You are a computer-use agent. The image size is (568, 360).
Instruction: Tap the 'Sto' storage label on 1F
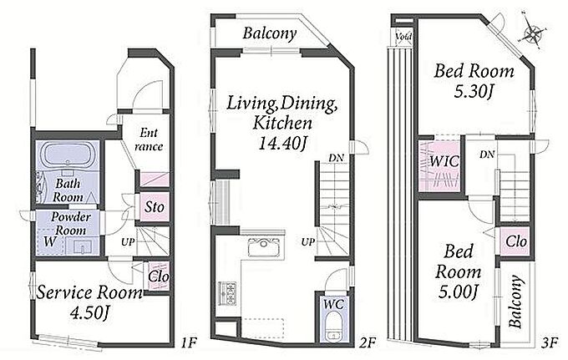click(x=155, y=207)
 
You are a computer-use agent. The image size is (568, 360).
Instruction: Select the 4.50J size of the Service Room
click(x=89, y=312)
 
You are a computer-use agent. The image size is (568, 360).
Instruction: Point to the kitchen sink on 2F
click(x=263, y=247)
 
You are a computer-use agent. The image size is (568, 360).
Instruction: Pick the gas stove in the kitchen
click(x=227, y=292)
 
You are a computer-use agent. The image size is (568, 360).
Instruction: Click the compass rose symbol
click(x=533, y=33)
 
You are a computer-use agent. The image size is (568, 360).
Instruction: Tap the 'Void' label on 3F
click(x=403, y=37)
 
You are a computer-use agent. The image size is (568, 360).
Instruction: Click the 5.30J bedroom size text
click(x=473, y=91)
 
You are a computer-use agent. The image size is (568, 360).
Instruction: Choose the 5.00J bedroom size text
click(x=459, y=292)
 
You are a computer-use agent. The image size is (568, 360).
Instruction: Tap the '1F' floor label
click(x=189, y=342)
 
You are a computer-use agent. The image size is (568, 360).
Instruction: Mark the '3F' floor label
click(x=550, y=342)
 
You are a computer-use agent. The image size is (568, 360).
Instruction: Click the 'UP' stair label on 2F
click(x=308, y=242)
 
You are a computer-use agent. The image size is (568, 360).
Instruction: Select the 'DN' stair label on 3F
click(x=487, y=155)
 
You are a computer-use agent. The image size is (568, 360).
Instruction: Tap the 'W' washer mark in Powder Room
click(x=49, y=241)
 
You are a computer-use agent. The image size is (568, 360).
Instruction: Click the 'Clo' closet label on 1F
click(x=159, y=277)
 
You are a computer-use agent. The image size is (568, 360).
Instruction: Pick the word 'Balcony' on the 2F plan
click(x=270, y=33)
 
